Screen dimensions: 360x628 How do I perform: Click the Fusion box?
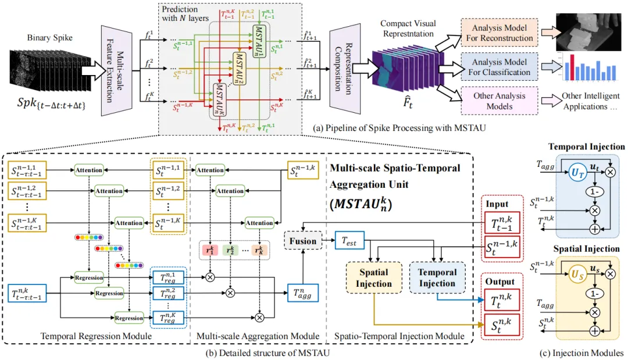[302, 241]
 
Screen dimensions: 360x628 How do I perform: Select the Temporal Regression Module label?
[98, 336]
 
